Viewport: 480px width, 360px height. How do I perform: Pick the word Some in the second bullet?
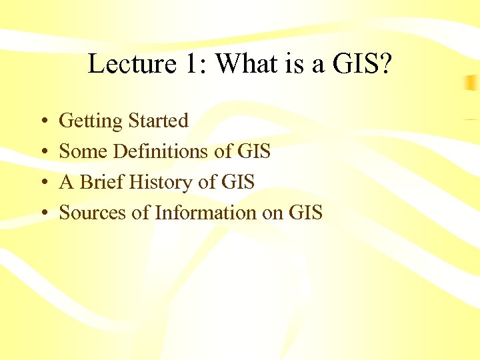point(83,151)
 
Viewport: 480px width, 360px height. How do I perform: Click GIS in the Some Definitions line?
point(253,151)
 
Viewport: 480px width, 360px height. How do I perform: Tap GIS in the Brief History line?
point(237,182)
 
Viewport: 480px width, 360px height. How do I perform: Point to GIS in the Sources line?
point(305,213)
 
